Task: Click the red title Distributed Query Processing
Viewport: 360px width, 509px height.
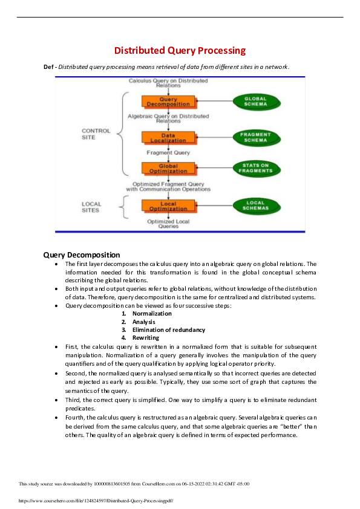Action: pyautogui.click(x=180, y=50)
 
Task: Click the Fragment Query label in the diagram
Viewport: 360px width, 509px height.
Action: pyautogui.click(x=168, y=153)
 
